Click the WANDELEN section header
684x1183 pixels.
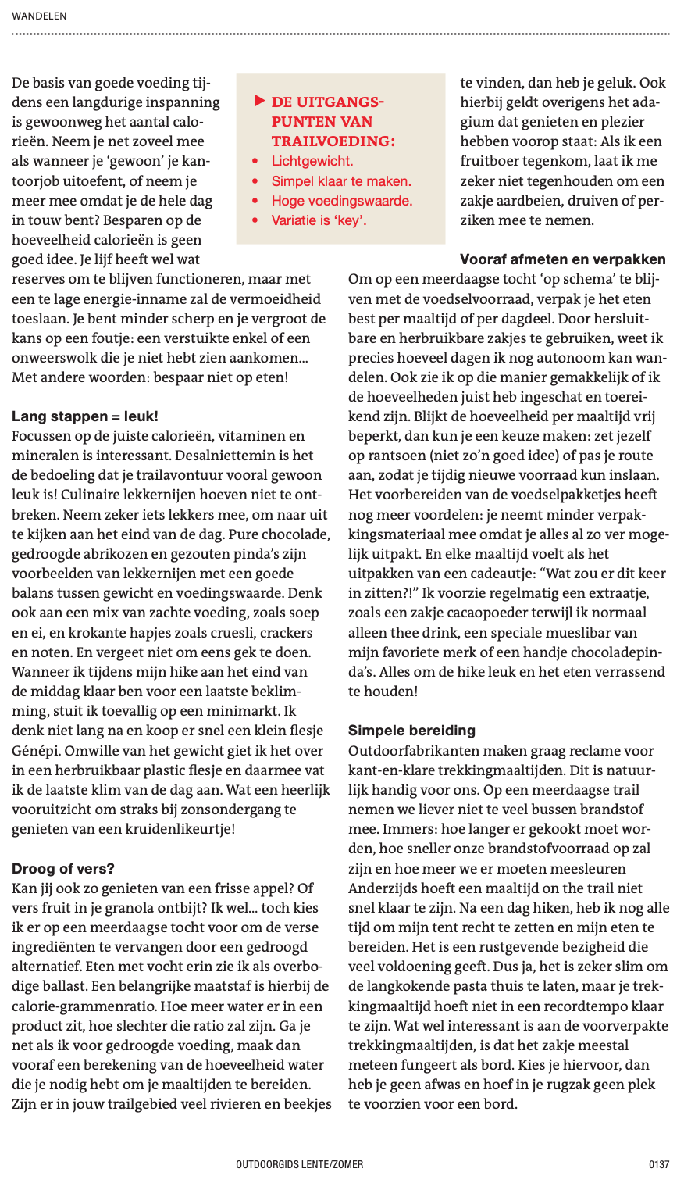39,16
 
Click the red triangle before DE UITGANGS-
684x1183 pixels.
259,102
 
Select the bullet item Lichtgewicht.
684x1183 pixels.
312,162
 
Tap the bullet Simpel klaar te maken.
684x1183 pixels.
341,181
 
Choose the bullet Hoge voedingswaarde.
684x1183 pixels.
342,201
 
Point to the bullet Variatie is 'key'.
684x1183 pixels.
319,220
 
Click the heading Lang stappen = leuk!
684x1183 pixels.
85,416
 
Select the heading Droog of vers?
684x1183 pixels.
63,868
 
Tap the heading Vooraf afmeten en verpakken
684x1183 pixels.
563,259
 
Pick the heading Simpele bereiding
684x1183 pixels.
411,731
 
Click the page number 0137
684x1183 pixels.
659,1164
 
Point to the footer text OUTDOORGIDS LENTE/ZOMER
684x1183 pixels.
300,1164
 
